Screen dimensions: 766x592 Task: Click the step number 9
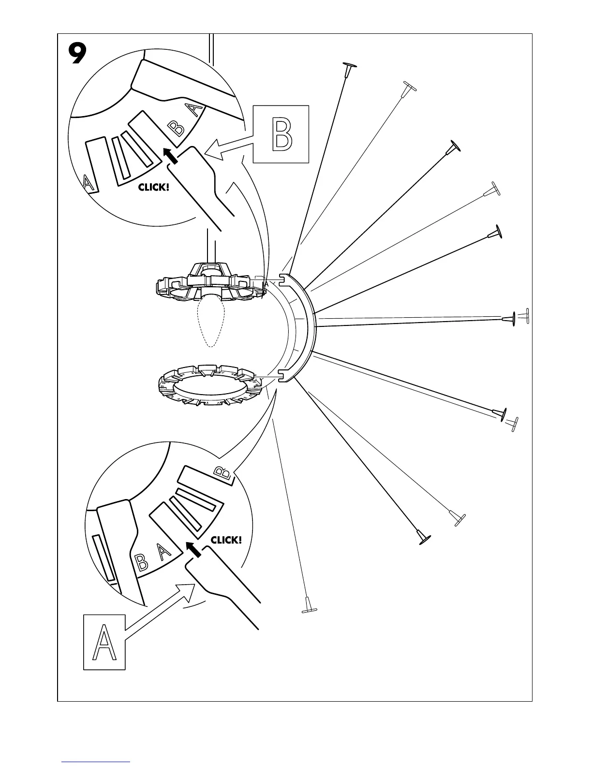[77, 54]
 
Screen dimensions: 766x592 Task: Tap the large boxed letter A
[104, 642]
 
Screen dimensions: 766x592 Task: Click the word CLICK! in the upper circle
[154, 187]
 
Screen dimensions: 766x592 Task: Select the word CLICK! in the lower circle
[226, 540]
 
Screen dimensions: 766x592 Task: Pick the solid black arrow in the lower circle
[193, 549]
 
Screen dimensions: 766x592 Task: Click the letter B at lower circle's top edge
[222, 472]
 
